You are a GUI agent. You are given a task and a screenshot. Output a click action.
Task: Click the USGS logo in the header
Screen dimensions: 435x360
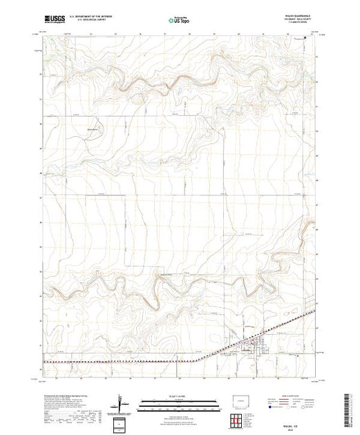point(55,21)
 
